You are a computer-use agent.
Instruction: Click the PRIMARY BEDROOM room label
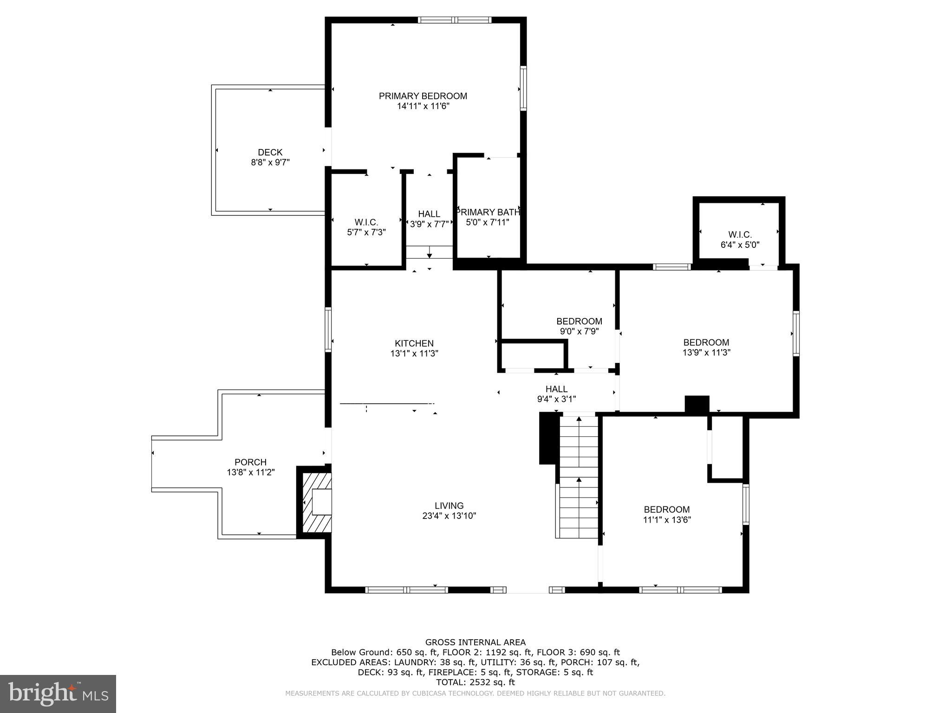click(x=423, y=96)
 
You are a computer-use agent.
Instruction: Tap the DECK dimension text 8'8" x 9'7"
click(x=270, y=162)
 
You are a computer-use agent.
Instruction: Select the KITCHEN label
click(x=414, y=344)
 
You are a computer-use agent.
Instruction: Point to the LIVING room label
click(x=449, y=506)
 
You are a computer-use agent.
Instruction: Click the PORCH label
click(x=250, y=462)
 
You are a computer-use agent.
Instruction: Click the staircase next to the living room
click(x=579, y=478)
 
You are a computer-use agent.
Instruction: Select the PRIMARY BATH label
click(x=488, y=212)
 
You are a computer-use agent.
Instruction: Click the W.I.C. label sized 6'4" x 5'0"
click(x=740, y=235)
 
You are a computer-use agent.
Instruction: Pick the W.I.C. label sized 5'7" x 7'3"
click(x=366, y=222)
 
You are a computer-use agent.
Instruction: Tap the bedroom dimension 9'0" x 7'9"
click(x=579, y=331)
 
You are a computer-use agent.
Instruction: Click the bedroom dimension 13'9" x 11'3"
click(x=706, y=352)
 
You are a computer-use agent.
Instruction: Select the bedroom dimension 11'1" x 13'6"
click(x=667, y=520)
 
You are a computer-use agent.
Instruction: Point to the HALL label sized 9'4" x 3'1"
click(x=556, y=389)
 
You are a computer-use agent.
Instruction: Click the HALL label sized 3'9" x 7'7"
click(x=429, y=214)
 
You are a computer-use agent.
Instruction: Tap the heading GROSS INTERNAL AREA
click(x=475, y=642)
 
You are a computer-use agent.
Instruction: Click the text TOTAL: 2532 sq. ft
click(x=475, y=682)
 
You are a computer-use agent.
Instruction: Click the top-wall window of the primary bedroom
click(x=455, y=20)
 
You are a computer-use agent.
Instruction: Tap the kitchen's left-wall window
click(x=328, y=330)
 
